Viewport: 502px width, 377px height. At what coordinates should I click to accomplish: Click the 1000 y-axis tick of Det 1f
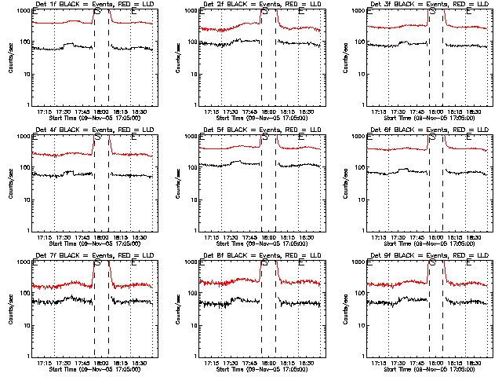24,11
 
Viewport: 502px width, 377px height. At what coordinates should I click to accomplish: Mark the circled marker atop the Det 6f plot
432,137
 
